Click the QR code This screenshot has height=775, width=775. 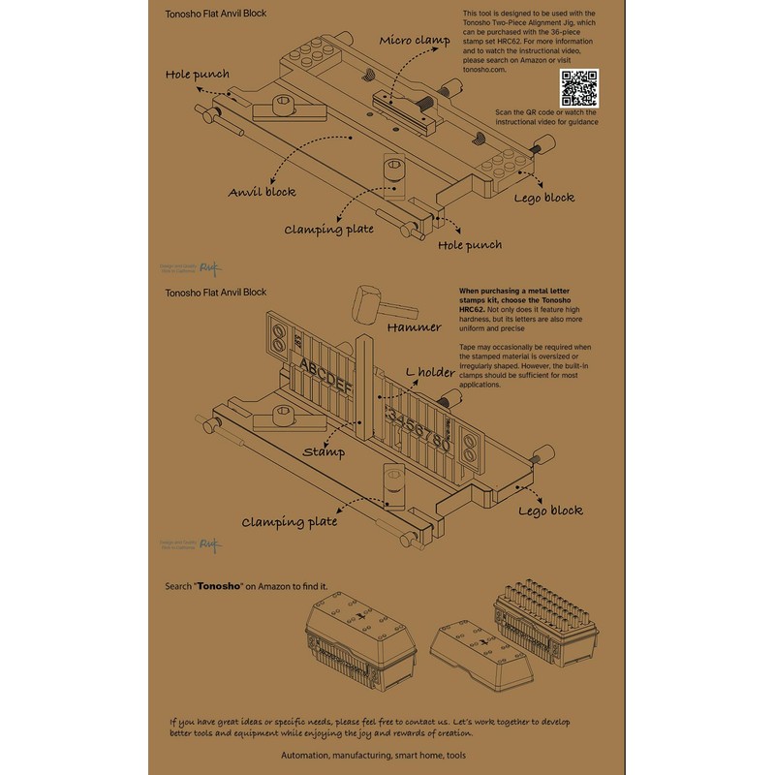click(578, 89)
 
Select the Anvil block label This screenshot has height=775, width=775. click(261, 192)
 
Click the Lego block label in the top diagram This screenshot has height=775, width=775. click(543, 198)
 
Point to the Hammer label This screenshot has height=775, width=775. click(415, 327)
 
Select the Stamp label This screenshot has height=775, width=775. click(325, 451)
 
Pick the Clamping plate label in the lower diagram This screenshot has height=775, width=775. click(290, 521)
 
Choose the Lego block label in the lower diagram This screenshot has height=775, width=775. click(549, 511)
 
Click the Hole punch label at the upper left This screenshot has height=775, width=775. click(198, 74)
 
